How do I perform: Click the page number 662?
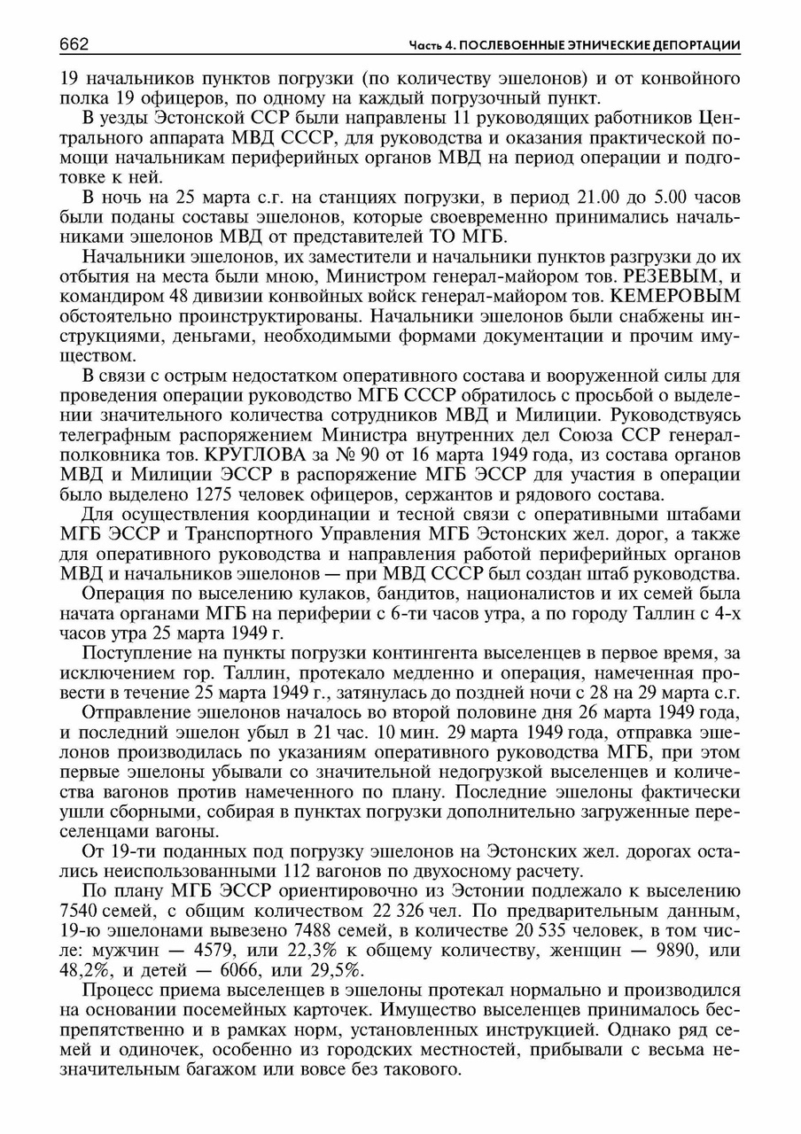[77, 44]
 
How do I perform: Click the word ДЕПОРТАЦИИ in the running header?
[696, 46]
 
